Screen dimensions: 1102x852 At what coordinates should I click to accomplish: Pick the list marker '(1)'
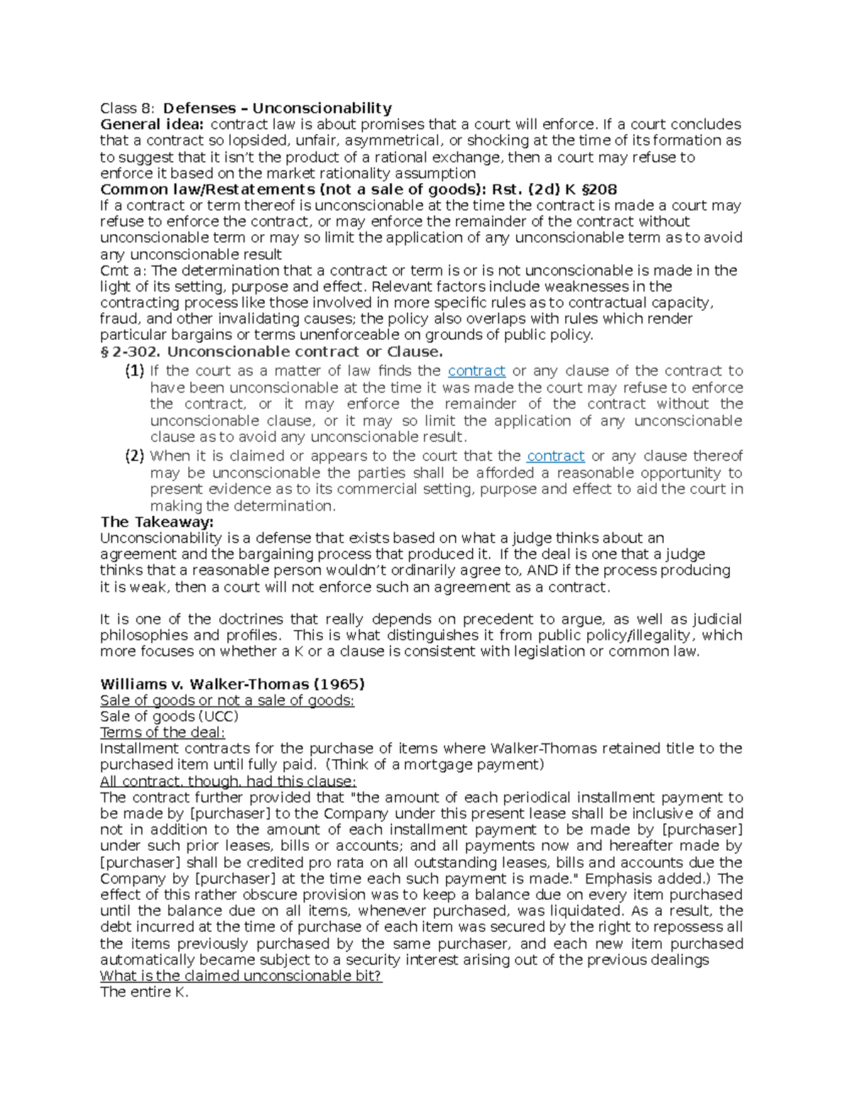tap(134, 370)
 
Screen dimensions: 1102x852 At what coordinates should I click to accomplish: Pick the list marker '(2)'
tap(134, 456)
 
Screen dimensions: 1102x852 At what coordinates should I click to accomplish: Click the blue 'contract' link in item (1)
tap(476, 370)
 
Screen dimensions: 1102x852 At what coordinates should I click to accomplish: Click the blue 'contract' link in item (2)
tap(555, 456)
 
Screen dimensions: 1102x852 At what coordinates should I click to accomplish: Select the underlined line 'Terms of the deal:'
tap(163, 732)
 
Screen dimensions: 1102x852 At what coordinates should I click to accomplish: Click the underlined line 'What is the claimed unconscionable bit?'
tap(241, 976)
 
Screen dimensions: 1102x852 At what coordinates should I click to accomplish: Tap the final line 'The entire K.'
tap(144, 992)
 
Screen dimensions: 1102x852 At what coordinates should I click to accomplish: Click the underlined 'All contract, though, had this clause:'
tap(228, 781)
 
